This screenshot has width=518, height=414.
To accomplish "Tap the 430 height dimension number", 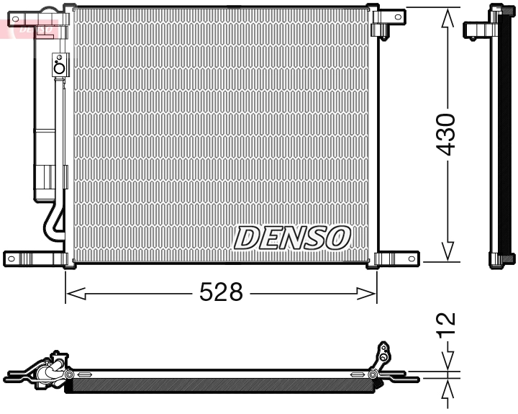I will click(x=447, y=134).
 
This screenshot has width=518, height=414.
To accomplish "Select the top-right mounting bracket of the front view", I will click(x=389, y=18).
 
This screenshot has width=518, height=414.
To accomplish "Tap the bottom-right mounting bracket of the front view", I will click(x=394, y=258).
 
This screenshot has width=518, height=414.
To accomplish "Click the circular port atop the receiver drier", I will click(x=59, y=68).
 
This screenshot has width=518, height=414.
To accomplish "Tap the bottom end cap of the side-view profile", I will click(x=502, y=261).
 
